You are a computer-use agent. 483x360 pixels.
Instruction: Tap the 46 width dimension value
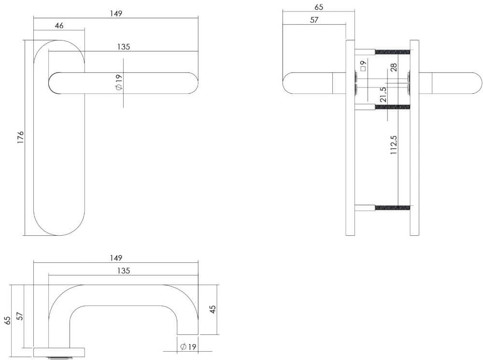[59, 26]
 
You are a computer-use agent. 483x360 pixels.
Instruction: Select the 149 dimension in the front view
[116, 13]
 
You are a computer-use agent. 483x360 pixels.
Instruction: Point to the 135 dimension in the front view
[124, 47]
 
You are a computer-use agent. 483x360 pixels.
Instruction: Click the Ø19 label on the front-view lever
[118, 82]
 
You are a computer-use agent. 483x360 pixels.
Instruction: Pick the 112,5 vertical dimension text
[394, 144]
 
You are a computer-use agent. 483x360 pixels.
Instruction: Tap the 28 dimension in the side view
[394, 68]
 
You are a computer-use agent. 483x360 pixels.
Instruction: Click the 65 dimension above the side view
[318, 7]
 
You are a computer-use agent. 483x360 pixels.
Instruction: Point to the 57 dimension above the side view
[314, 20]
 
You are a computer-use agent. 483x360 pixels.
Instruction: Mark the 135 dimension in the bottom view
[124, 271]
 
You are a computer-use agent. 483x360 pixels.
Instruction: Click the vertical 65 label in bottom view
[7, 321]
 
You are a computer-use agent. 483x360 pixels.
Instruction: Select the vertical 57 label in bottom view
[20, 317]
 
